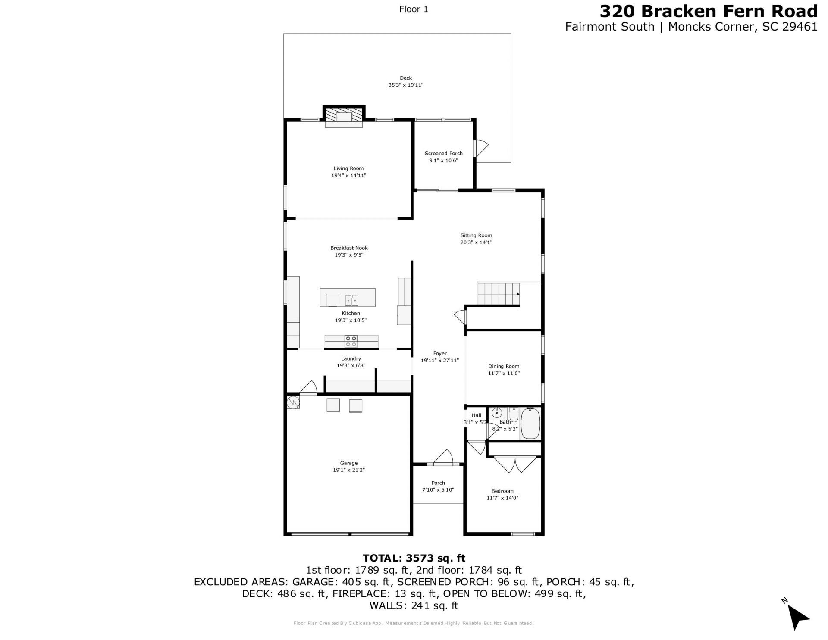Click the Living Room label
click(x=348, y=169)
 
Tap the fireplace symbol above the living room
click(x=344, y=116)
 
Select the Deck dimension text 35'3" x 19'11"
click(x=405, y=85)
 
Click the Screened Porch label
click(x=443, y=153)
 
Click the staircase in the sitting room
click(x=499, y=294)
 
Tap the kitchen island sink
click(x=351, y=299)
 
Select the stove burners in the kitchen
click(x=351, y=341)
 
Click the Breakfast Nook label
click(x=349, y=248)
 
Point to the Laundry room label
click(x=351, y=358)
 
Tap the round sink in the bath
click(x=496, y=413)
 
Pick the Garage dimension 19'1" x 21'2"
click(x=348, y=470)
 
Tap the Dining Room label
click(x=504, y=366)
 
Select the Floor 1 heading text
click(x=414, y=9)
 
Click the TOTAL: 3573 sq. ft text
click(x=414, y=558)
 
